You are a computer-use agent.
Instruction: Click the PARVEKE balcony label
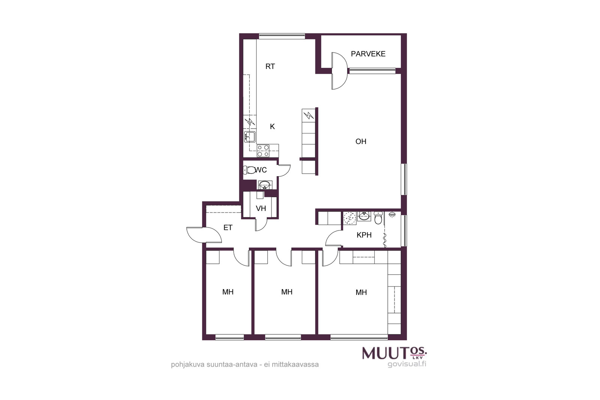pyautogui.click(x=368, y=54)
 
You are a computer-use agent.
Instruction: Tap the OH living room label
pyautogui.click(x=361, y=141)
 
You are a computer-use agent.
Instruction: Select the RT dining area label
pyautogui.click(x=270, y=66)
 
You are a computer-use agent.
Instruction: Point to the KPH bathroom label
pyautogui.click(x=364, y=235)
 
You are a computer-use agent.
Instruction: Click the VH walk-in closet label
pyautogui.click(x=261, y=208)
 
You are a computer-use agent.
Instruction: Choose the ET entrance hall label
pyautogui.click(x=228, y=228)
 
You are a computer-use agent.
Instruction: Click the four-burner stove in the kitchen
pyautogui.click(x=263, y=150)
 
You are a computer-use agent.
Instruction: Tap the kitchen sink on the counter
pyautogui.click(x=249, y=137)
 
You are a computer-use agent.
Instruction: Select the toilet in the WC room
pyautogui.click(x=249, y=170)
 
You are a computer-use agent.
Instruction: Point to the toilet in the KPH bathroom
pyautogui.click(x=378, y=218)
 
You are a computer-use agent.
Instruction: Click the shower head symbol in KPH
pyautogui.click(x=392, y=214)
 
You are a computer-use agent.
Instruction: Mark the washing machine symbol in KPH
pyautogui.click(x=349, y=218)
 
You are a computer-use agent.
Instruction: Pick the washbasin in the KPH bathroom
pyautogui.click(x=364, y=216)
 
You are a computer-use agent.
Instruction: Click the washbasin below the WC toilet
pyautogui.click(x=265, y=185)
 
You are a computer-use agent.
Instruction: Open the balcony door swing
pyautogui.click(x=339, y=71)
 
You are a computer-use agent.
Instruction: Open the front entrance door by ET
pyautogui.click(x=204, y=235)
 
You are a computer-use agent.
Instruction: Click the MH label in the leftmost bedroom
pyautogui.click(x=228, y=292)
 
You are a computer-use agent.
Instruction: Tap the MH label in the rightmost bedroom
pyautogui.click(x=361, y=292)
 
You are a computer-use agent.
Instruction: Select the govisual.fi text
pyautogui.click(x=407, y=364)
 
